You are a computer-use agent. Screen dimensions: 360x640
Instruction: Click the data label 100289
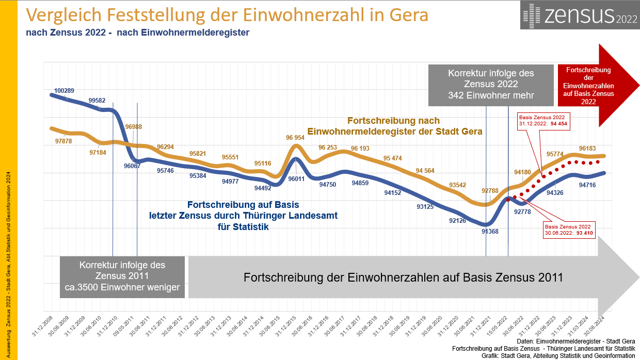64,91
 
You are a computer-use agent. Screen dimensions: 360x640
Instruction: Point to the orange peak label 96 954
296,138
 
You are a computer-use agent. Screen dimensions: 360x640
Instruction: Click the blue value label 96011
296,179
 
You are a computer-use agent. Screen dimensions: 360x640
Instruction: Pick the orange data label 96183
588,148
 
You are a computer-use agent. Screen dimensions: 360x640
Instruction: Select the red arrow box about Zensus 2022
588,86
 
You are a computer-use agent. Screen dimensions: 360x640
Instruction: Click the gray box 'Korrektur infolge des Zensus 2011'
122,276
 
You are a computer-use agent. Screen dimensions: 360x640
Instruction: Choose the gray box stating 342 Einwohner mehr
491,84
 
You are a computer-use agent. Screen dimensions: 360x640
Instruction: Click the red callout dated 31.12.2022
544,120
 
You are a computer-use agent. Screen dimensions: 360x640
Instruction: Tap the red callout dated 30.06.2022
570,230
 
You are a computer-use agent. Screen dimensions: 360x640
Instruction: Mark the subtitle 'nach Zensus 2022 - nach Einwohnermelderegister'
138,33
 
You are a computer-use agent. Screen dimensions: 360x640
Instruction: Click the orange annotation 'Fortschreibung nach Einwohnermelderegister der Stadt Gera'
394,126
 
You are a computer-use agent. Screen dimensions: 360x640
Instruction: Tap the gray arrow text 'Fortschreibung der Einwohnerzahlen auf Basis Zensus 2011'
403,277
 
